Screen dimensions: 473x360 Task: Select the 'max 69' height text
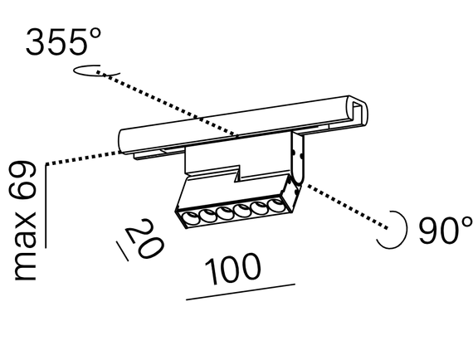27,221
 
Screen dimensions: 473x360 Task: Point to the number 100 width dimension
232,268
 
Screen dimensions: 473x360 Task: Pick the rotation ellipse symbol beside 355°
91,71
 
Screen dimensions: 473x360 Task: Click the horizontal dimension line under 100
241,292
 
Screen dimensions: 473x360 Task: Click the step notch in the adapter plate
238,175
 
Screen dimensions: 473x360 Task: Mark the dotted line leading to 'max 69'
83,157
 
